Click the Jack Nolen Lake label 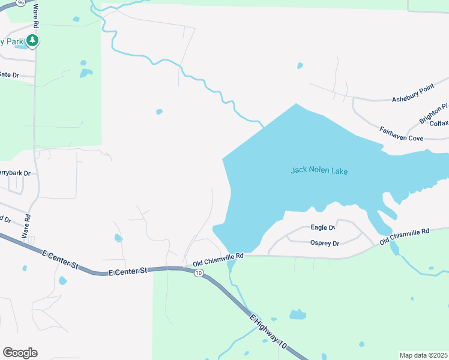click(x=319, y=170)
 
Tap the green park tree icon click(x=32, y=41)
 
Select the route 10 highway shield click(x=199, y=273)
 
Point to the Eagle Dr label click(x=322, y=227)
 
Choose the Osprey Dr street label click(x=325, y=243)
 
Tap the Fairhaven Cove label click(x=401, y=133)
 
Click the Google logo click(x=20, y=353)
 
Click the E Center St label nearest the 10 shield click(x=128, y=272)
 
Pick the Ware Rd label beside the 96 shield click(x=36, y=16)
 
